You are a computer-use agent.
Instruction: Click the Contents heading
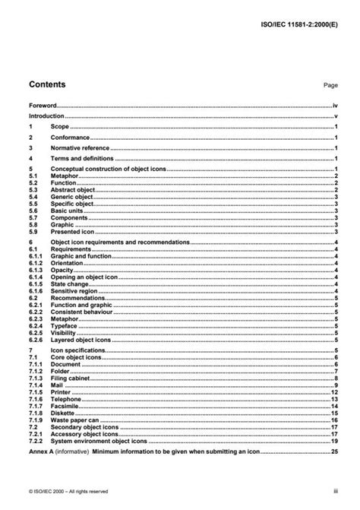pos(46,84)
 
